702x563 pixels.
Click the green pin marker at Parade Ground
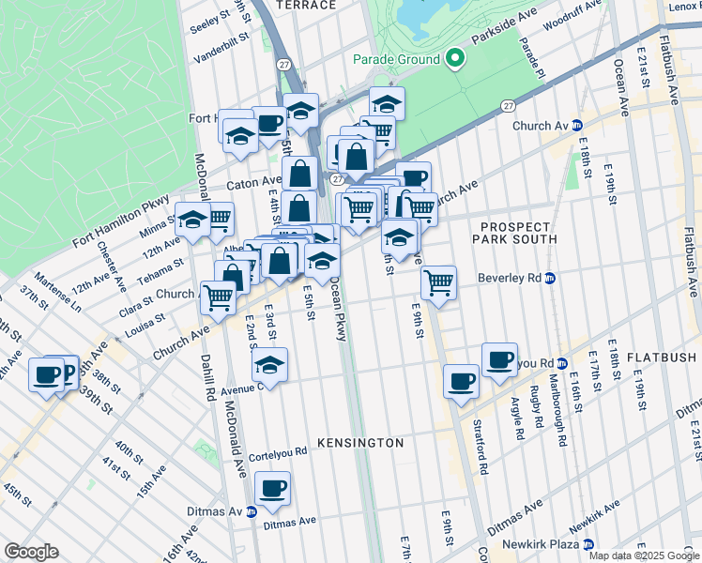click(x=455, y=58)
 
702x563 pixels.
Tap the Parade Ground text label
click(x=396, y=59)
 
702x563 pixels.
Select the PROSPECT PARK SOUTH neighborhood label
click(x=519, y=233)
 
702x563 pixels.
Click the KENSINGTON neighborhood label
click(x=360, y=442)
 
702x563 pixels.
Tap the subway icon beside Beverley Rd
click(x=552, y=278)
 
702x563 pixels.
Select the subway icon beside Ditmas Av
click(x=252, y=511)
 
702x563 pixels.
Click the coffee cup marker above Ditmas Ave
click(x=272, y=489)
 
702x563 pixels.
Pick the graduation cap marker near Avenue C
click(x=270, y=365)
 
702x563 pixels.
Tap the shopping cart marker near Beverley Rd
click(x=438, y=282)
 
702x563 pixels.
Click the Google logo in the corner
click(x=30, y=552)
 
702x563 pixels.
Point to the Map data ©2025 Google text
click(x=642, y=555)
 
